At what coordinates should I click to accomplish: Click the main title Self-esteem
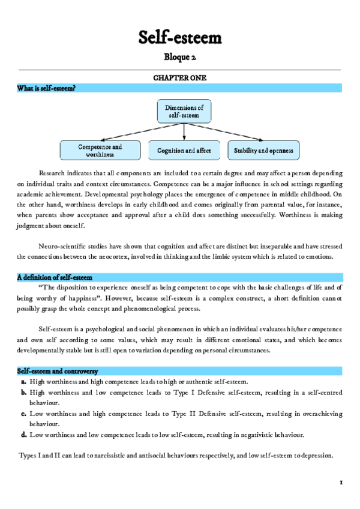click(x=180, y=38)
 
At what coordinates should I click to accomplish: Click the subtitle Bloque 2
click(x=180, y=58)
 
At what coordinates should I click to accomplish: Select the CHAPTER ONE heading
click(x=180, y=78)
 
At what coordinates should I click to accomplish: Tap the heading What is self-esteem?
click(x=46, y=88)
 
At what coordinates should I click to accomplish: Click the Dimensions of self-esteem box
click(x=184, y=111)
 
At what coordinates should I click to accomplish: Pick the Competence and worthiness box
click(x=100, y=150)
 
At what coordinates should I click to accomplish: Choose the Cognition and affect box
click(x=184, y=150)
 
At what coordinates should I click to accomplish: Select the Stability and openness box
click(x=263, y=150)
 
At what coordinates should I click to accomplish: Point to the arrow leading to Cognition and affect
click(x=184, y=132)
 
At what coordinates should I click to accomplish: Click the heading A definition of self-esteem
click(x=55, y=277)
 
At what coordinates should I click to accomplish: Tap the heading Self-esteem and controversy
click(x=58, y=372)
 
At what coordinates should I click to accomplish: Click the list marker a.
click(x=23, y=382)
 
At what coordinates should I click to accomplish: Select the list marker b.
click(x=23, y=393)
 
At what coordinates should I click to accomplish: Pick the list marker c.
click(x=23, y=414)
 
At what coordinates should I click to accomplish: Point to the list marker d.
click(x=23, y=435)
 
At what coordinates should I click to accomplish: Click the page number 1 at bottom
click(x=340, y=482)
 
